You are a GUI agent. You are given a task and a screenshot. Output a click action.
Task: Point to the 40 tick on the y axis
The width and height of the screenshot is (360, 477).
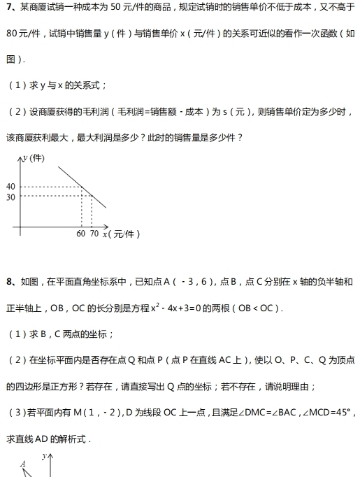tap(10, 187)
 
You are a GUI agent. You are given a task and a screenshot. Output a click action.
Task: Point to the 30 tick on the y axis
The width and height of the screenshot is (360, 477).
tap(10, 197)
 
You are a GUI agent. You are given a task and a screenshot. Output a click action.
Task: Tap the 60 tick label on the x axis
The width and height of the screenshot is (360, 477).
tap(81, 234)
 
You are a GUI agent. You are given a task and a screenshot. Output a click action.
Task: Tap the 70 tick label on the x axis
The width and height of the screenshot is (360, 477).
tap(94, 234)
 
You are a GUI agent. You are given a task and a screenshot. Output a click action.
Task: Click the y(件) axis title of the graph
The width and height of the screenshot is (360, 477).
tap(33, 158)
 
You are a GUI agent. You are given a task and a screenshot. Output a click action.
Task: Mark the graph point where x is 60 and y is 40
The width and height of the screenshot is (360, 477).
tap(82, 187)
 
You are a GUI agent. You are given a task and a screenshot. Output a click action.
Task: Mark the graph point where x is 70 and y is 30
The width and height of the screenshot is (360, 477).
tap(94, 197)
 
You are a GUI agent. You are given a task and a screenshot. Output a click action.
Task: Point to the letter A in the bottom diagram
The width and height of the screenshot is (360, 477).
tap(22, 464)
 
